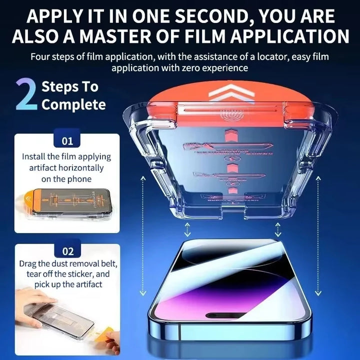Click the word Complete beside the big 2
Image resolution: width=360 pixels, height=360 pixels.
point(73,104)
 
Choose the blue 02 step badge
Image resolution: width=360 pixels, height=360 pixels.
point(67,251)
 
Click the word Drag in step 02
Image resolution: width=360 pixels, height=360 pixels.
point(28,263)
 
